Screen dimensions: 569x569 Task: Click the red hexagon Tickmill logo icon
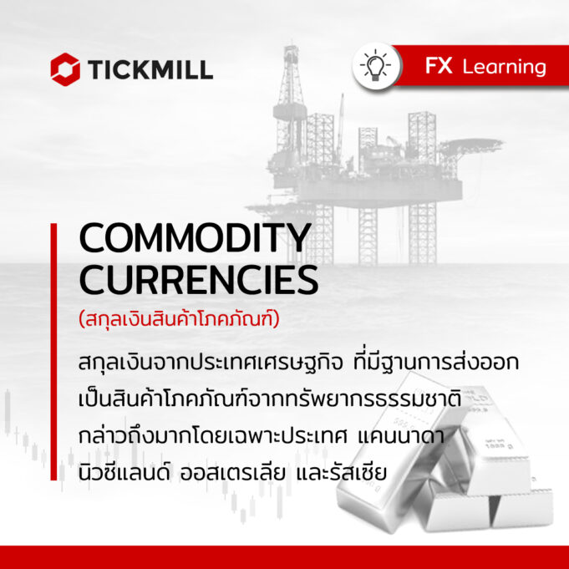pos(65,69)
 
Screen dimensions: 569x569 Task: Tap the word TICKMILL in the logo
pos(150,69)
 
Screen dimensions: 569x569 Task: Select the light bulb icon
pos(376,65)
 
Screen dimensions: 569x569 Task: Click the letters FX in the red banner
pos(439,66)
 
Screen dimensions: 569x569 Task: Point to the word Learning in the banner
pos(505,67)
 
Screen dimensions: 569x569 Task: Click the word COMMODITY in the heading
pos(196,237)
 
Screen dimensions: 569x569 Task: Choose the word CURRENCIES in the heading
pos(199,279)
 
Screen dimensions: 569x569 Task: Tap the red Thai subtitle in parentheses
pos(180,319)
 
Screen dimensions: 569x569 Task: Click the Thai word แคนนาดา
pos(401,436)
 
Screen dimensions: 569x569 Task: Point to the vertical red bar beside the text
pos(53,352)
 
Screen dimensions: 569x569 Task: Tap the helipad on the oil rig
pos(472,144)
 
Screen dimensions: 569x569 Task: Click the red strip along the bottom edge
pos(284,557)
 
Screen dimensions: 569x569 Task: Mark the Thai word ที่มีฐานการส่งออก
pos(436,362)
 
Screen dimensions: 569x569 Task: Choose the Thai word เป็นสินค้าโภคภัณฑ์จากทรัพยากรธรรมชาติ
pos(270,398)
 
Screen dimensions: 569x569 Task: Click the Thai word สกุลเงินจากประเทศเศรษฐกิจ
pos(211,363)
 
